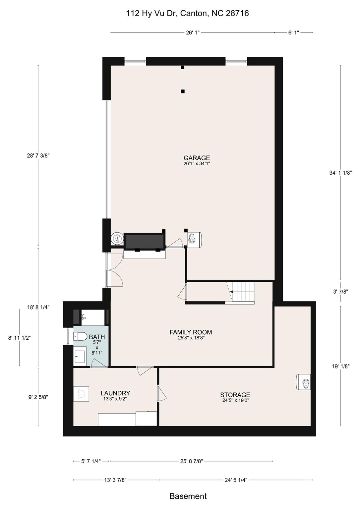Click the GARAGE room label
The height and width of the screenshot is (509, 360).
pyautogui.click(x=197, y=158)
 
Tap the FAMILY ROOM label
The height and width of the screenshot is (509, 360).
pyautogui.click(x=191, y=332)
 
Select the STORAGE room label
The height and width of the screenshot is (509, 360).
pyautogui.click(x=235, y=395)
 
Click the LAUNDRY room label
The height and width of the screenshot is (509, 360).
pyautogui.click(x=115, y=393)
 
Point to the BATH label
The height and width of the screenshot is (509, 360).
pyautogui.click(x=97, y=337)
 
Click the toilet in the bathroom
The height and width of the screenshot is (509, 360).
pyautogui.click(x=80, y=336)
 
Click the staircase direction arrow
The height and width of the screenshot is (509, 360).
pyautogui.click(x=231, y=292)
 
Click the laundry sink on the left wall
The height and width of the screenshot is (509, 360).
pyautogui.click(x=81, y=394)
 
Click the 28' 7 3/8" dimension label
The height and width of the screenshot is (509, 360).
pyautogui.click(x=38, y=156)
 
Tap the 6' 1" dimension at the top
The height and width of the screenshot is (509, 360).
pyautogui.click(x=293, y=32)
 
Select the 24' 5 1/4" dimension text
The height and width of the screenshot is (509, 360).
pyautogui.click(x=236, y=480)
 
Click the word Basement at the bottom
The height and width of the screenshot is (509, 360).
pyautogui.click(x=188, y=496)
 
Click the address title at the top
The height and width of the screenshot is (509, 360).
pyautogui.click(x=187, y=13)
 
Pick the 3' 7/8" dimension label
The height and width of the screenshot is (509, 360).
pyautogui.click(x=340, y=292)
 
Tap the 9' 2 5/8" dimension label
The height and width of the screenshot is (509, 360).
pyautogui.click(x=38, y=397)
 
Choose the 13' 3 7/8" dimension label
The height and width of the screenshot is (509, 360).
pyautogui.click(x=115, y=480)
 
